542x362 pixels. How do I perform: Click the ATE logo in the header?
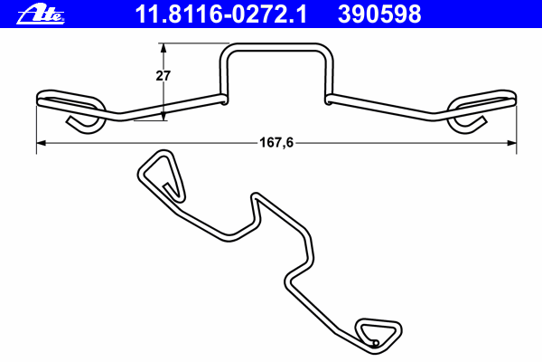point(41,14)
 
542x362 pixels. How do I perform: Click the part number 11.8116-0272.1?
point(221,14)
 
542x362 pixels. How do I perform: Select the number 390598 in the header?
point(379,14)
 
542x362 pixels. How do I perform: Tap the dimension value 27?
point(163,75)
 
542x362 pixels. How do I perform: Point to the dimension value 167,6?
point(276,142)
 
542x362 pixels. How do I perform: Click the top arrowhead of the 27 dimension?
point(164,48)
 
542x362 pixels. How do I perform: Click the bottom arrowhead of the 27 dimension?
point(164,116)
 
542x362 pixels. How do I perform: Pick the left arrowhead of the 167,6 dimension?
point(42,143)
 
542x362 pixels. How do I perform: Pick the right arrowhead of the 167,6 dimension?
point(511,143)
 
